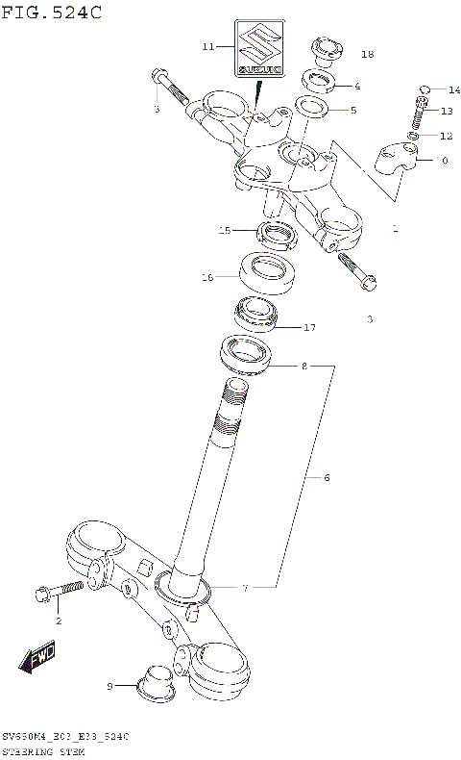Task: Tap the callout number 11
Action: coord(208,46)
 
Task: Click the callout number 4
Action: coord(357,86)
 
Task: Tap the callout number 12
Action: coord(445,137)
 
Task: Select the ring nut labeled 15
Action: coord(277,232)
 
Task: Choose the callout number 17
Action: coord(309,328)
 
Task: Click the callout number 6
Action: coord(326,477)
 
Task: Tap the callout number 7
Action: coord(244,588)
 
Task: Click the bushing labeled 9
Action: coord(154,680)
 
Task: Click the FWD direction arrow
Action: coord(38,661)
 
